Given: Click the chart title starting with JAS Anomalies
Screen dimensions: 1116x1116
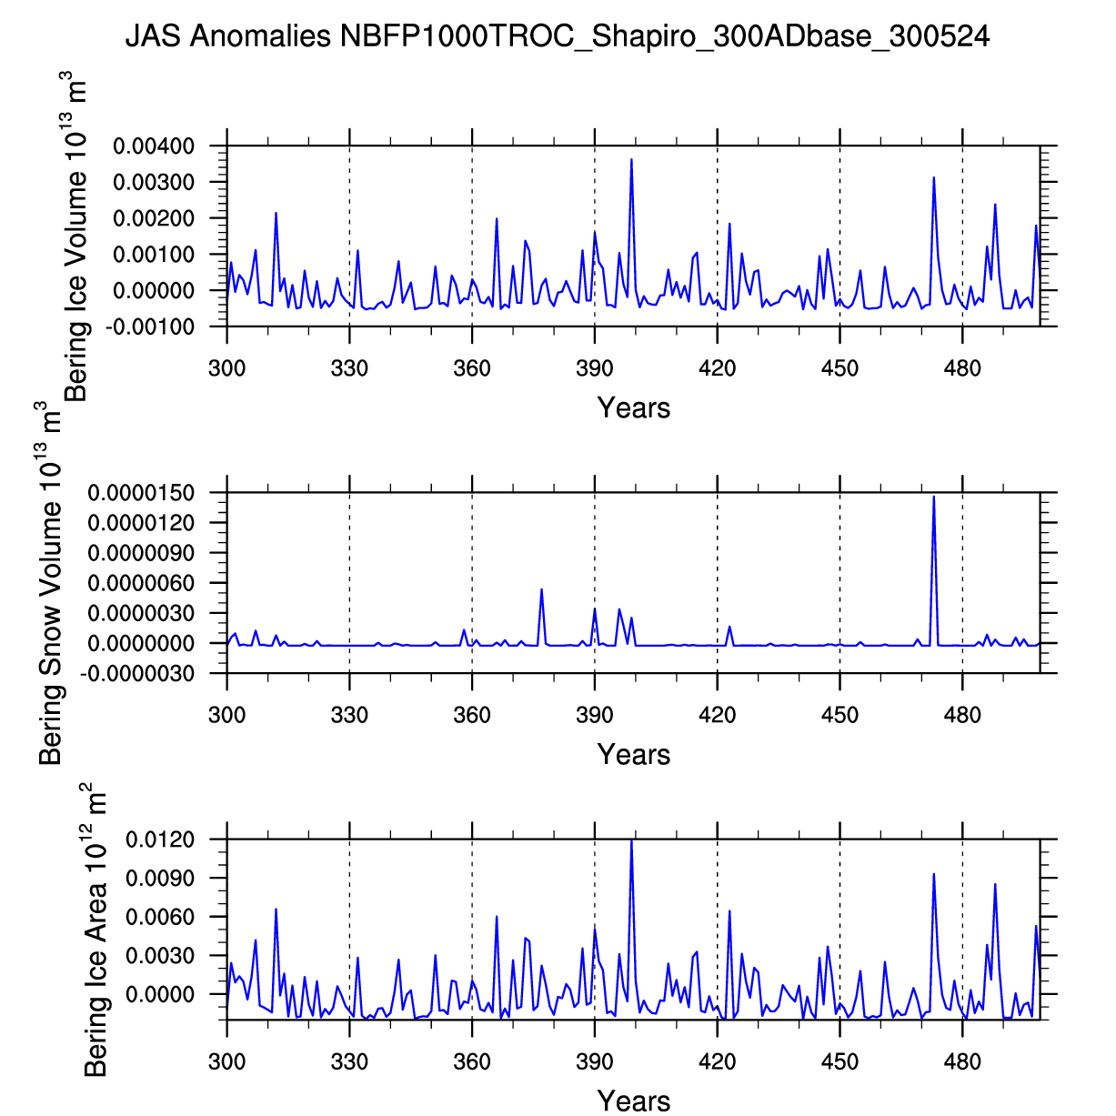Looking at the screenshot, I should [x=557, y=36].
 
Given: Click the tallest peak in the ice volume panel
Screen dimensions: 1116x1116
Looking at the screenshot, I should [x=631, y=160].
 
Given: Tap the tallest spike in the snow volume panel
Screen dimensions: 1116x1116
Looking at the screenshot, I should [x=933, y=497].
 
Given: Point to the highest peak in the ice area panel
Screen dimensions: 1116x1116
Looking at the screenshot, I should [x=631, y=840].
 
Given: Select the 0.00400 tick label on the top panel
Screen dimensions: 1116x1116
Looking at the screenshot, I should [x=154, y=146].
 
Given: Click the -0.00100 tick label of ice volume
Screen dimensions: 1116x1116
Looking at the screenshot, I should [x=151, y=327].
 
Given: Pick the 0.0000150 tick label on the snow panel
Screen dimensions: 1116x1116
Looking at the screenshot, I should [x=141, y=493].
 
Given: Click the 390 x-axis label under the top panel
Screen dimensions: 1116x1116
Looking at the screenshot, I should [x=595, y=368].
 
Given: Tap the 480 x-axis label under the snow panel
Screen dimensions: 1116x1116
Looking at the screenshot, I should [x=962, y=715].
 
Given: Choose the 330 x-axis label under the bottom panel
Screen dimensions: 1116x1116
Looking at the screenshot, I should [x=349, y=1061].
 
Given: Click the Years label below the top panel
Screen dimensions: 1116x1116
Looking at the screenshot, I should [x=634, y=408].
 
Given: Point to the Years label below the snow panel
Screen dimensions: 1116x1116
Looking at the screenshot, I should [x=634, y=755].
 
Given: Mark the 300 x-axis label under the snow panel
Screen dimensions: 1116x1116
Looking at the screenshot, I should [x=226, y=715].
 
